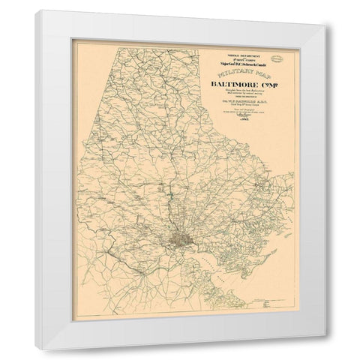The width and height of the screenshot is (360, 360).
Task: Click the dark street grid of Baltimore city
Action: tap(182, 239)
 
